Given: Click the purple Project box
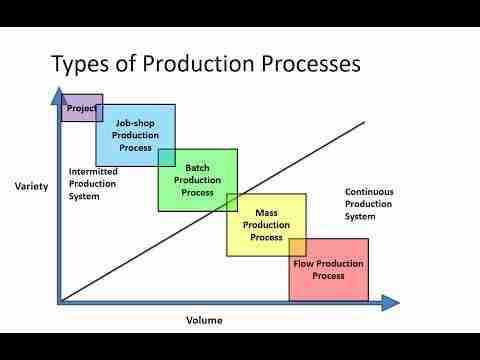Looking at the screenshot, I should click(x=81, y=107).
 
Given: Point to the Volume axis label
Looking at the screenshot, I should click(x=204, y=320).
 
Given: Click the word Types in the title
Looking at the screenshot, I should click(x=83, y=65).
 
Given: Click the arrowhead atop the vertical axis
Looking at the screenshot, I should click(x=53, y=96).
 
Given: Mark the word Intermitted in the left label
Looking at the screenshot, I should click(x=94, y=171).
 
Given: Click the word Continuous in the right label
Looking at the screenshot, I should click(x=369, y=191).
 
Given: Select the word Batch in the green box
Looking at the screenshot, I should click(x=197, y=168).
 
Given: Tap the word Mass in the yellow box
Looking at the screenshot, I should click(x=266, y=213).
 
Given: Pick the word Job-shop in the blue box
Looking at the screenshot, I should click(x=136, y=123).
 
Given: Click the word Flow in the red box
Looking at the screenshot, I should click(x=303, y=264).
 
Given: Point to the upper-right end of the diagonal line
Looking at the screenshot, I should click(x=365, y=122).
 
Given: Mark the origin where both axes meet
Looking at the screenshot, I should click(x=60, y=301).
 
